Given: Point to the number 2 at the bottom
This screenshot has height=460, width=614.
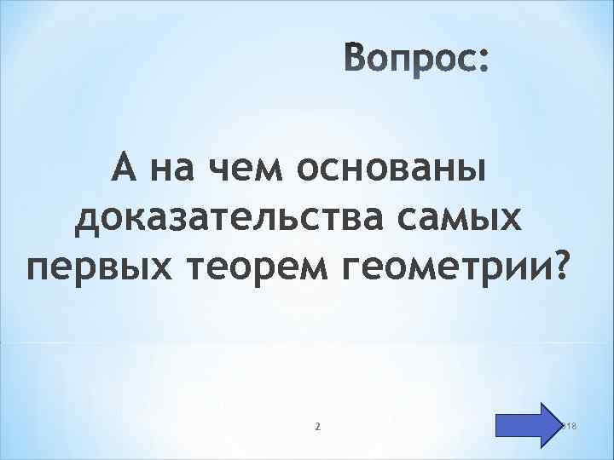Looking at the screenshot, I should [317, 425].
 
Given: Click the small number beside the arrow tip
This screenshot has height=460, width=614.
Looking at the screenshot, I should [571, 425].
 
